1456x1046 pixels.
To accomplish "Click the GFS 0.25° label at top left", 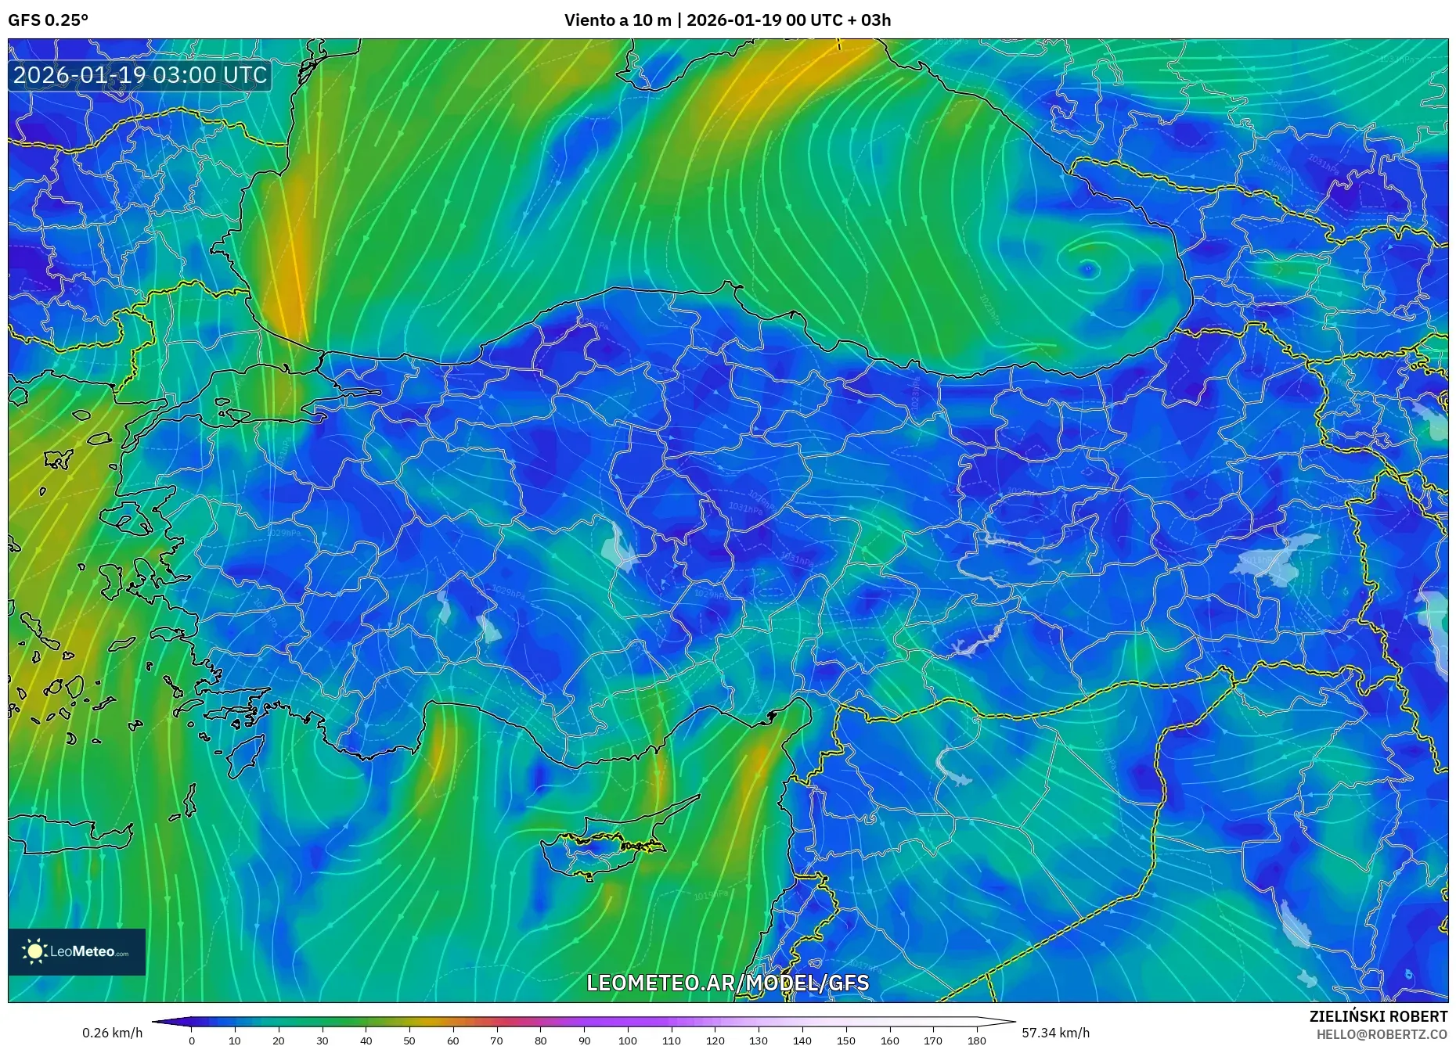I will point(48,20).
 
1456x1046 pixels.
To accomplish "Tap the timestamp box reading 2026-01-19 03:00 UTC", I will point(140,75).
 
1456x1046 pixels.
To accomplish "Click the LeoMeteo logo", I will point(77,951).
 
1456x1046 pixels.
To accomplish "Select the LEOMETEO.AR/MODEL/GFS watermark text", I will point(727,983).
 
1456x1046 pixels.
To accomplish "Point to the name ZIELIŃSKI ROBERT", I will point(1378,1016).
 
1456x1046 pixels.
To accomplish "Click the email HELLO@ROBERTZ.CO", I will point(1381,1034).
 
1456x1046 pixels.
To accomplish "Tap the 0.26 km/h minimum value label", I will point(112,1033).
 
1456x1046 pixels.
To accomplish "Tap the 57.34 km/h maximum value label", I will point(1055,1033).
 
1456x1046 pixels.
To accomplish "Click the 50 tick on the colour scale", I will point(409,1041).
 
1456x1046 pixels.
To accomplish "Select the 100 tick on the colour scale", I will point(628,1041).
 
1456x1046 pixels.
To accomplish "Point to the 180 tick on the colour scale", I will point(976,1041).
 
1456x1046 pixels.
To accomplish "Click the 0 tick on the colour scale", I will point(192,1041).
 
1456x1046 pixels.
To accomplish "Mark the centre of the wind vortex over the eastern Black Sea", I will point(1087,270).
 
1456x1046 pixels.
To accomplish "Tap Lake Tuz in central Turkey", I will point(618,548).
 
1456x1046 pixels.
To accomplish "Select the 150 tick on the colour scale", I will point(845,1041).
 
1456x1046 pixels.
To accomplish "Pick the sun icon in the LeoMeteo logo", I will point(34,951).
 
